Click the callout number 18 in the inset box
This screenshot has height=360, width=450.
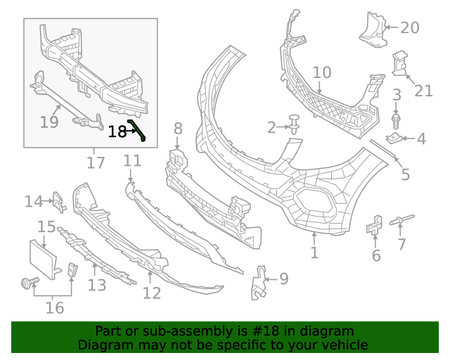(x=117, y=131)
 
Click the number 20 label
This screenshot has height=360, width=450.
(x=409, y=28)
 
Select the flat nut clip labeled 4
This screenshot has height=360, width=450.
(x=396, y=138)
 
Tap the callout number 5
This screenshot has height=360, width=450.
(x=405, y=174)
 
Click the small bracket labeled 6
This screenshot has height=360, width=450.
(x=374, y=226)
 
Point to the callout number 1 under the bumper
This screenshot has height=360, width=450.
(x=314, y=252)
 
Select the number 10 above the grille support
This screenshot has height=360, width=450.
(x=321, y=72)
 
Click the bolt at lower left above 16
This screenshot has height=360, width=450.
(x=29, y=283)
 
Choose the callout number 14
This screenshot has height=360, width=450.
(x=33, y=202)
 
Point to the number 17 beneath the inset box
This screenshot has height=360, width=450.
(x=96, y=162)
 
